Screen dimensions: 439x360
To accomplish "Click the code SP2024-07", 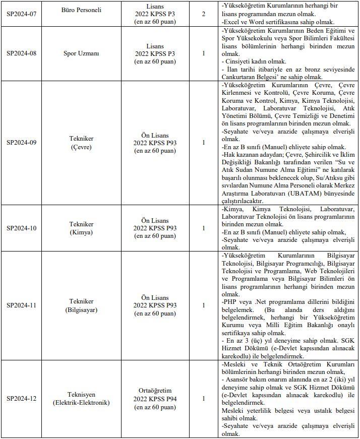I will [22, 14].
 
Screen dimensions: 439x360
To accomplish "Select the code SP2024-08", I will [22, 53].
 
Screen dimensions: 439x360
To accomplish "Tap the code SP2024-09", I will [22, 142].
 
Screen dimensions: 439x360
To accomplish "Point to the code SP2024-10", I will [22, 228].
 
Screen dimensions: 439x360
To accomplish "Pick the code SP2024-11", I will [22, 305].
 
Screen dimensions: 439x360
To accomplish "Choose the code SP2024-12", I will [22, 399].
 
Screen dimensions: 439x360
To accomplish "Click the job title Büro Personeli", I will [82, 10].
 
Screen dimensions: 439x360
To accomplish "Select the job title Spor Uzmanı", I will [82, 53].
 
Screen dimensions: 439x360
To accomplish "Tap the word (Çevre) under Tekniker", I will [82, 147].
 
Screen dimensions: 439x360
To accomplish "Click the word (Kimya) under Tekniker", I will [82, 232].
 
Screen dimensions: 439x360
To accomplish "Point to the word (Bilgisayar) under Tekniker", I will [82, 309].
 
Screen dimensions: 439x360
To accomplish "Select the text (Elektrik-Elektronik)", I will [82, 403].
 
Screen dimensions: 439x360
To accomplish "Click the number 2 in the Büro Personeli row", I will [203, 14].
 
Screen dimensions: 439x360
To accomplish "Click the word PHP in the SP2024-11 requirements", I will [229, 301].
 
